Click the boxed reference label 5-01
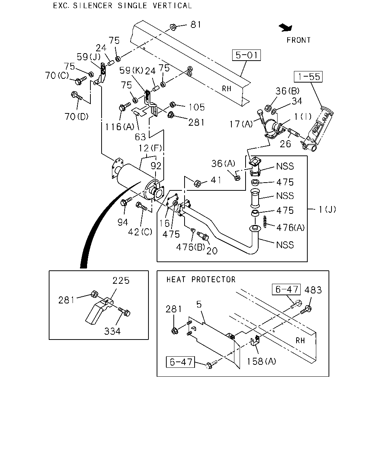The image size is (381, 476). [x=246, y=55]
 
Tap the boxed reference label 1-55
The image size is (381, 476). [x=308, y=77]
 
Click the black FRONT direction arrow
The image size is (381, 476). [x=286, y=28]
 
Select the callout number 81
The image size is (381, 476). [x=196, y=25]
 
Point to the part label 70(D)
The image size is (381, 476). [x=76, y=116]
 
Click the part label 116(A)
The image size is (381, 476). [x=119, y=127]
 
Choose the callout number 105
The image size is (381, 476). [x=196, y=107]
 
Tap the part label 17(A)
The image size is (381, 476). [x=241, y=124]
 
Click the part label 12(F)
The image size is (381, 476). [x=150, y=148]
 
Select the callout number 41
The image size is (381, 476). [x=216, y=180]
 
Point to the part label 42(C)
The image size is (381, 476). [x=140, y=232]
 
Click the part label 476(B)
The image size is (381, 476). [x=190, y=247]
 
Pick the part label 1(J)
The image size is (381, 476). [x=327, y=209]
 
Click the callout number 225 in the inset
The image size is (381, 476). [x=121, y=280]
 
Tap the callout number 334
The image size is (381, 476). [x=112, y=331]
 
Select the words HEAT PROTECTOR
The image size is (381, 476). [x=201, y=280]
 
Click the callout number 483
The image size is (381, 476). [x=313, y=290]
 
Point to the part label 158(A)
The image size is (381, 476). [x=262, y=361]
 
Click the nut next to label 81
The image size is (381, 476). [x=173, y=27]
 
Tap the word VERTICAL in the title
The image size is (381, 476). [x=172, y=6]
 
